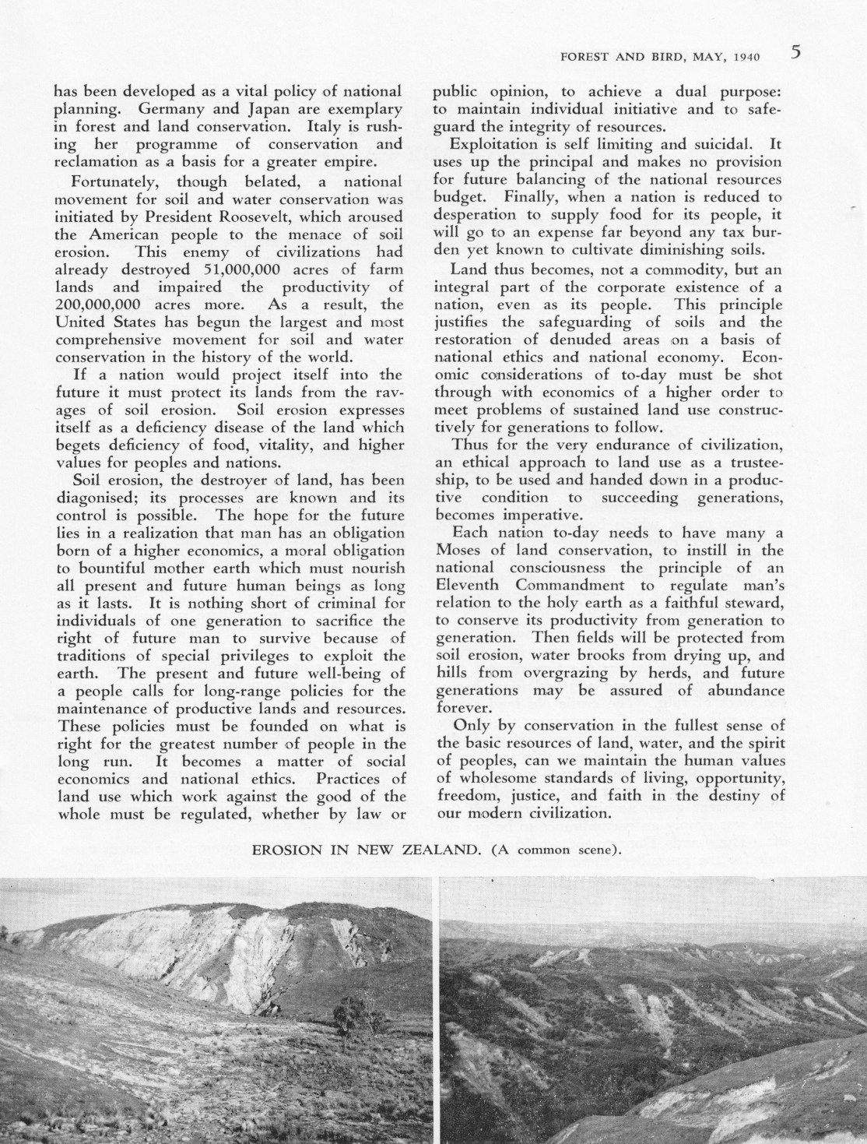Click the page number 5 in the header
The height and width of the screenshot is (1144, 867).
[795, 52]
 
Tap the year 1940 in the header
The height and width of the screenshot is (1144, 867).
[745, 56]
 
